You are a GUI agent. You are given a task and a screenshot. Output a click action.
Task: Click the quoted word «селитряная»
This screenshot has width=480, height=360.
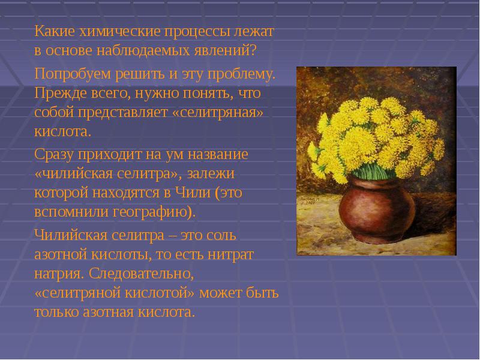[x=218, y=113]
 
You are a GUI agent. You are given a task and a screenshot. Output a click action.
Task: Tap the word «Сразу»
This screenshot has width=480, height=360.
[x=54, y=155]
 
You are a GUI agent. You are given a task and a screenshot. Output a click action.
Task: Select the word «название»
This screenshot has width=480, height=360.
[x=218, y=154]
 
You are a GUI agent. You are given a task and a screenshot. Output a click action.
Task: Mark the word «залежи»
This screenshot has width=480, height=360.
[x=211, y=174]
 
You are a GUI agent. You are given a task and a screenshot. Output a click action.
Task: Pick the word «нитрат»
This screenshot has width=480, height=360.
[x=230, y=255]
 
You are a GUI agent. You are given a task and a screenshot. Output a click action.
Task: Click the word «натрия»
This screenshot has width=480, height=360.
[x=59, y=274]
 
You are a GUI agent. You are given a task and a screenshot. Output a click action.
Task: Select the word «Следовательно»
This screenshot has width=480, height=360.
[x=142, y=274]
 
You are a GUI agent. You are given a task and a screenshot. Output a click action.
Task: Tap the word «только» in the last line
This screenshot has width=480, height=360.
[x=56, y=312]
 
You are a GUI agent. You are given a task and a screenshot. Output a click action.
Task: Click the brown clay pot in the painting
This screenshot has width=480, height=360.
[x=377, y=211]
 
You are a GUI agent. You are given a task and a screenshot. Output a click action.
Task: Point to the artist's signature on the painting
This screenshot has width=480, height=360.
[x=310, y=200]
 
